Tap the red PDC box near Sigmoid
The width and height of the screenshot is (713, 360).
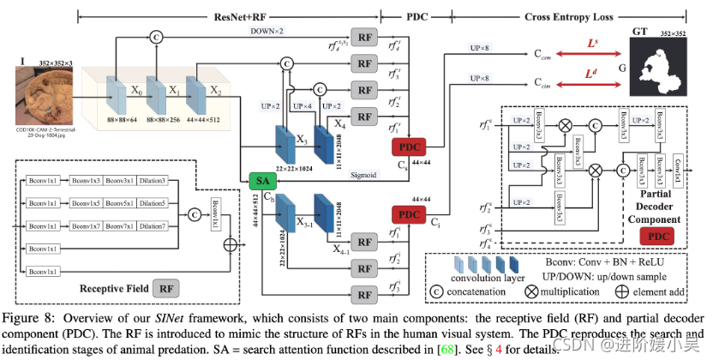click(408, 148)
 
